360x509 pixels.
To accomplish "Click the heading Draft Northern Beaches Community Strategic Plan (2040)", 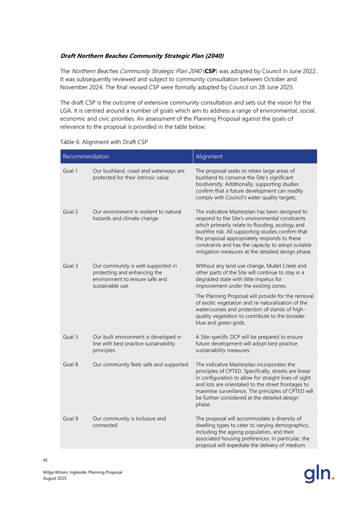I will point(141,55).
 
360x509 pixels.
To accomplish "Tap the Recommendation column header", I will point(85,157).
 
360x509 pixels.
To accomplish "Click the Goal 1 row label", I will point(70,171).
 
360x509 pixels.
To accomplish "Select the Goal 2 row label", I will point(70,212).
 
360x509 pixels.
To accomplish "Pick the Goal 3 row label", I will point(70,266).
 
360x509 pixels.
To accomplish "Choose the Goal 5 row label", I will point(70,336).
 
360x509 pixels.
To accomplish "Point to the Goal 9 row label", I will point(70,418).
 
